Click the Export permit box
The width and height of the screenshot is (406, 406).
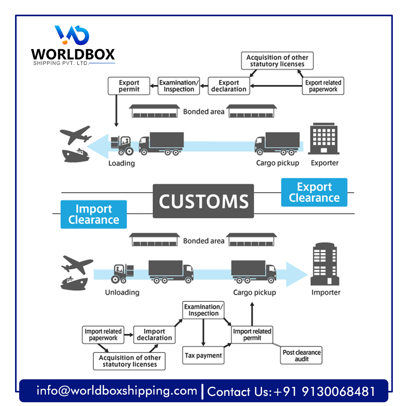pos(129,86)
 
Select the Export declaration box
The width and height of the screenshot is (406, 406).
pos(229,86)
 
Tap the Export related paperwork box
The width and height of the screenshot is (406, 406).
pos(323,86)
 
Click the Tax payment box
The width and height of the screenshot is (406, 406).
pos(203,355)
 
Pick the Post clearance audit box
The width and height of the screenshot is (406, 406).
pos(302,355)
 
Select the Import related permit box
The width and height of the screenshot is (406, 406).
pos(252,335)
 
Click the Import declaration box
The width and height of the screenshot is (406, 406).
pos(154,335)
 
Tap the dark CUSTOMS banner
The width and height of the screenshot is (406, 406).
pos(203,201)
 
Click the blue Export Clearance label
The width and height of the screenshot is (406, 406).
pos(314,192)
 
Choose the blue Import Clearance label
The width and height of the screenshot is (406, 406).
pos(94,214)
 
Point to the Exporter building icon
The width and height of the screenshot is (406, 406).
pos(324,140)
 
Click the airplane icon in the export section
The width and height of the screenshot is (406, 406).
pos(76,135)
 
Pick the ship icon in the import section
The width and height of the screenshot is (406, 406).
pos(74,283)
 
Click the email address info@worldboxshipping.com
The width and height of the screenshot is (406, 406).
pos(117,391)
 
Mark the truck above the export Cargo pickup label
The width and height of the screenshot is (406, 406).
pos(277,143)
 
